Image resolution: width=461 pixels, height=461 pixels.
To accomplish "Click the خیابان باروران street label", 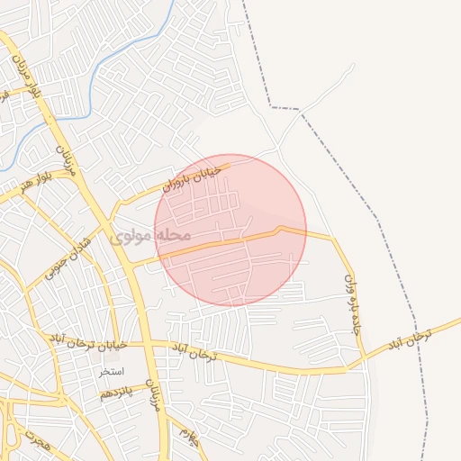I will (x=196, y=176).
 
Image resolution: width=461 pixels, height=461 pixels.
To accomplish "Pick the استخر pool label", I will (x=113, y=372).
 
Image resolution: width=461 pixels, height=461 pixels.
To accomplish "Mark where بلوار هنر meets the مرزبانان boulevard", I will (x=77, y=173).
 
